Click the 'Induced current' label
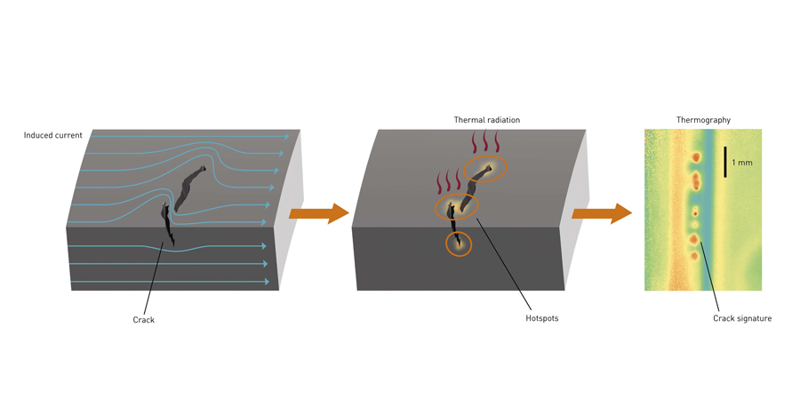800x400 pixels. (52, 135)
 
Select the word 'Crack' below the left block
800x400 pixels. (143, 320)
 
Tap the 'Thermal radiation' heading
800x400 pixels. (486, 120)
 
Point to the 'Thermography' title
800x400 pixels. (703, 120)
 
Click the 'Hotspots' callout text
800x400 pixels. (541, 318)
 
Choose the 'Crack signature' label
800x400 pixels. (741, 318)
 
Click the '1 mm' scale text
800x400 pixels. (742, 163)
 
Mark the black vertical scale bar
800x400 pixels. (725, 162)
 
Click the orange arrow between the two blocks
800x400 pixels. (318, 213)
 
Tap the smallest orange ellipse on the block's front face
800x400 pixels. (459, 244)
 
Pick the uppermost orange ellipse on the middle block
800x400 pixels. (485, 168)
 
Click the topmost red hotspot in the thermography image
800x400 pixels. (696, 157)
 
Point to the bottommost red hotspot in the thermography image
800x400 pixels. (695, 256)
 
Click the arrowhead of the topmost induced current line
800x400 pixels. (286, 137)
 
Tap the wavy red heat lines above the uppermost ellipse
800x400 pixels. (485, 142)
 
